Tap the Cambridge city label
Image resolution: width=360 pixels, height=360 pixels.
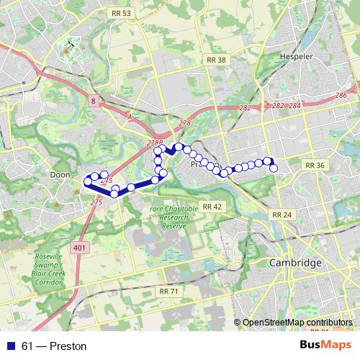pos(295,264)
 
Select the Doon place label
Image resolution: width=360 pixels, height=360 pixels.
pos(59,174)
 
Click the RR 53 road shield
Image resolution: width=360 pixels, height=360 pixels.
pos(122,14)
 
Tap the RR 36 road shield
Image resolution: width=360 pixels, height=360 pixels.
pos(315,165)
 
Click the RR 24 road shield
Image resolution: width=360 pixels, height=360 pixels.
pos(282,215)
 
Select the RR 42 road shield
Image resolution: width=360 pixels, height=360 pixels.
pos(212,207)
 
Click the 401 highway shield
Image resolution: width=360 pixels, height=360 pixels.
pos(77,248)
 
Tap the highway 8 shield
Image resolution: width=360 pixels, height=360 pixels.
pos(94,102)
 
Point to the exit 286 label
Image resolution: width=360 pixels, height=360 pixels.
pos(341,96)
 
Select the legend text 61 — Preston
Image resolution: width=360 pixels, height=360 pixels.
pos(54,346)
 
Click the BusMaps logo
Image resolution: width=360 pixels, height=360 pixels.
pos(325,346)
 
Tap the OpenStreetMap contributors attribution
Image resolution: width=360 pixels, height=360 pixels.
pos(297,323)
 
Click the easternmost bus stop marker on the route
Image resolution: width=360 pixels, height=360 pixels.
pos(274,168)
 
